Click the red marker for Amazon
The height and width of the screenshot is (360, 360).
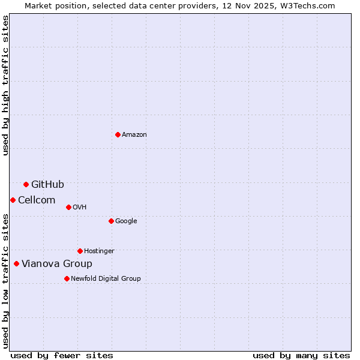click(118, 134)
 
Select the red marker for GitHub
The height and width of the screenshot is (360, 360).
click(26, 184)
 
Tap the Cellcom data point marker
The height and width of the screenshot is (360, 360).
click(13, 200)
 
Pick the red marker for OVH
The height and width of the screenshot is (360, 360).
click(68, 207)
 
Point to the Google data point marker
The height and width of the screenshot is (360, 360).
click(111, 221)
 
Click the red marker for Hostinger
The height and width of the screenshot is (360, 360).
click(80, 251)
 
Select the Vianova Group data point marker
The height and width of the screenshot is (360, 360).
click(16, 263)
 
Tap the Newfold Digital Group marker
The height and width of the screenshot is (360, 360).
click(67, 278)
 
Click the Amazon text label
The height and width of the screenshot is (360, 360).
click(134, 135)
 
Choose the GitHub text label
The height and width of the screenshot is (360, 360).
click(47, 184)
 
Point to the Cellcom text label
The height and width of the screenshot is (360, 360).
click(37, 200)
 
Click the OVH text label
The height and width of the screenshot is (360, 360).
click(80, 208)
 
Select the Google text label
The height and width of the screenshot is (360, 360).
click(126, 221)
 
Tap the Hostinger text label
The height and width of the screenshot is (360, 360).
click(99, 251)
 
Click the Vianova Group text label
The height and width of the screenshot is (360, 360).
click(57, 264)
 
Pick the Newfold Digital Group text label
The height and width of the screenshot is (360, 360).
click(106, 279)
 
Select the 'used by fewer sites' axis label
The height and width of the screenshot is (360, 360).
click(62, 355)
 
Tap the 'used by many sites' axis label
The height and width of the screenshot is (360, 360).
click(301, 355)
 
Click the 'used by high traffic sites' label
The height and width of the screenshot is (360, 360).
click(5, 85)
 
